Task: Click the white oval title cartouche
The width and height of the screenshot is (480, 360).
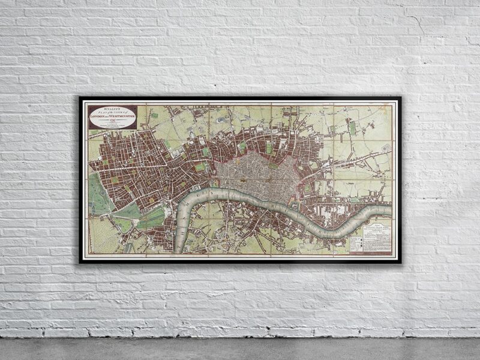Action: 113,117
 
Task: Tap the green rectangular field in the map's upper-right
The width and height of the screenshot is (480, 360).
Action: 352,128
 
